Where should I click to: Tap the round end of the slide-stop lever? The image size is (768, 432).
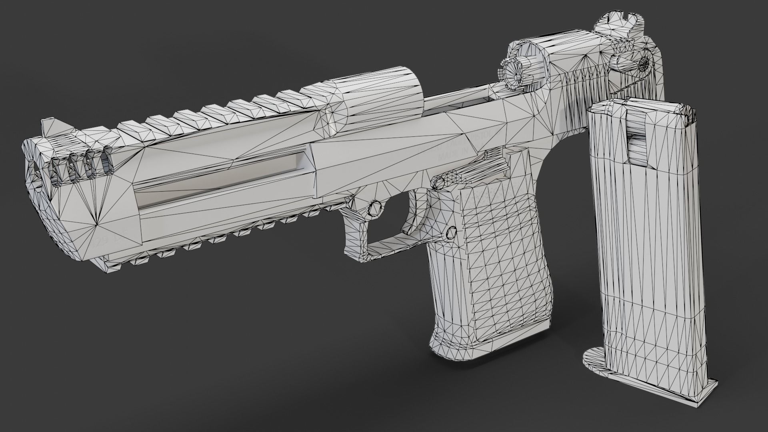click(x=439, y=182)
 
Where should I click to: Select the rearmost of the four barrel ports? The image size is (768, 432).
click(x=106, y=162)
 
